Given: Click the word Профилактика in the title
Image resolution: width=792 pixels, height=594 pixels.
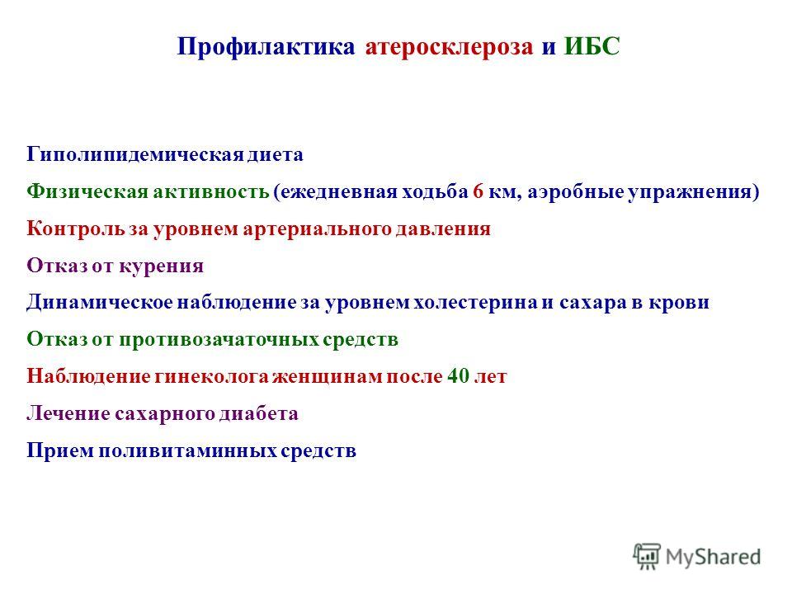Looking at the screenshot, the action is point(266,46).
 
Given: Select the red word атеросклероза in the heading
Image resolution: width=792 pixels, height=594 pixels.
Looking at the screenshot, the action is point(449,46).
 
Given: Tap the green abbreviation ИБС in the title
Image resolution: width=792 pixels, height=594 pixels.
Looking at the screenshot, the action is point(592,46).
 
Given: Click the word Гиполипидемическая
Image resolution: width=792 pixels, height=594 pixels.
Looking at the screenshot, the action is point(135,154).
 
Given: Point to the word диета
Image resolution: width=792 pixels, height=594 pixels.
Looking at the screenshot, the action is point(276,154).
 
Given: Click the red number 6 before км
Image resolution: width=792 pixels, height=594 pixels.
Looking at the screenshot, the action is point(478,191).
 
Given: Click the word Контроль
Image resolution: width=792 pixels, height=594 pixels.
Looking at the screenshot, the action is point(76,229).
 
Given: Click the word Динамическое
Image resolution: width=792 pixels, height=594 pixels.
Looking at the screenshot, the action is point(100,302).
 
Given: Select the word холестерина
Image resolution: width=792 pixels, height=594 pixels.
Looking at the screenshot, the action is point(476,303).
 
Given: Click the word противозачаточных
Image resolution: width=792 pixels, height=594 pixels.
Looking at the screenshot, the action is point(219,339).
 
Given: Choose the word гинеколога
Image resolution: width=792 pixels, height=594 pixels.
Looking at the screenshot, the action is point(212,376).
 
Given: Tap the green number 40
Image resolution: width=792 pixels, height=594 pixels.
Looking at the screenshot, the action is point(458,376).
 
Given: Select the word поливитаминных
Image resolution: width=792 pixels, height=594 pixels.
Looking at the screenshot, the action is point(187,450).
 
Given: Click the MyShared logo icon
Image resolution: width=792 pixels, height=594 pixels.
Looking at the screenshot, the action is point(647,557).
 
